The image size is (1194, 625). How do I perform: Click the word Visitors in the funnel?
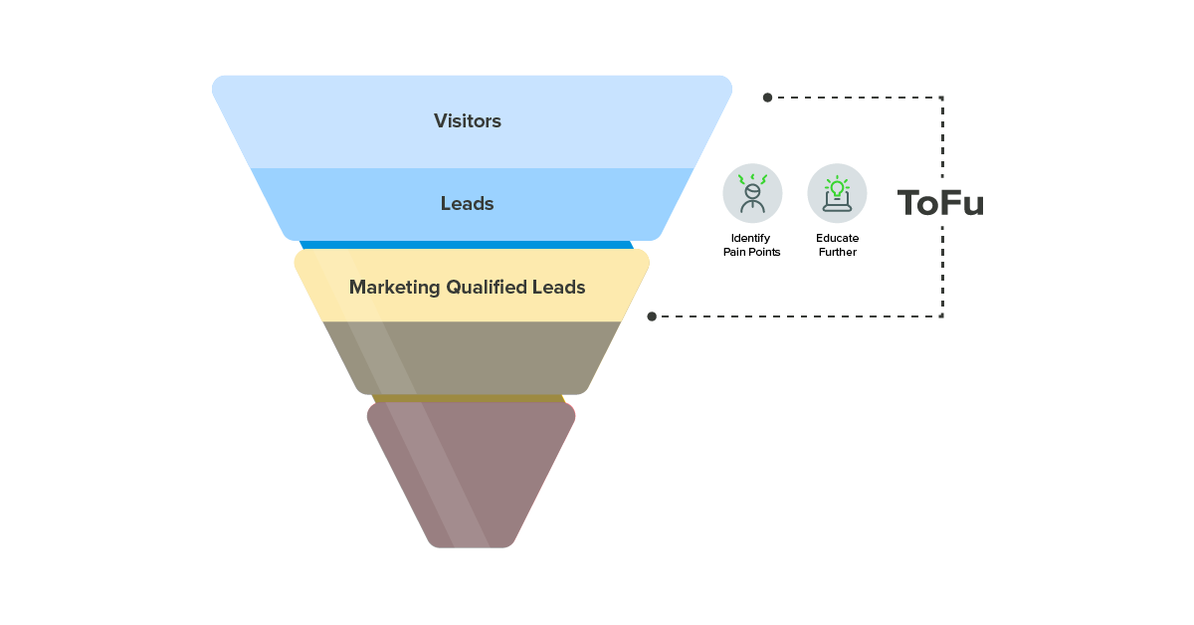point(467,121)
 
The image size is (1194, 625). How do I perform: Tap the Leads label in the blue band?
point(467,204)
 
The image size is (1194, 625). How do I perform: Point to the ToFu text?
point(940,203)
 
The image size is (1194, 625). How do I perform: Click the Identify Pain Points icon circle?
point(752,193)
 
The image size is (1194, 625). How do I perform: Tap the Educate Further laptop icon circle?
point(837,193)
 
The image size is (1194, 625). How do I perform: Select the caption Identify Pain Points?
point(751,246)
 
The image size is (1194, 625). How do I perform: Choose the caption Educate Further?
point(837,246)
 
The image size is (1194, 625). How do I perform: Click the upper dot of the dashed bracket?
point(767,98)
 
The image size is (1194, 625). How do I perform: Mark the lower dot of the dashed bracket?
point(652,316)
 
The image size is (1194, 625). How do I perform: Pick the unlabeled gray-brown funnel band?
point(472,356)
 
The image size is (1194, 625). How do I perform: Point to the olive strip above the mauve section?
point(469,398)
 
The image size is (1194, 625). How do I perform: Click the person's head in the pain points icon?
point(752,189)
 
